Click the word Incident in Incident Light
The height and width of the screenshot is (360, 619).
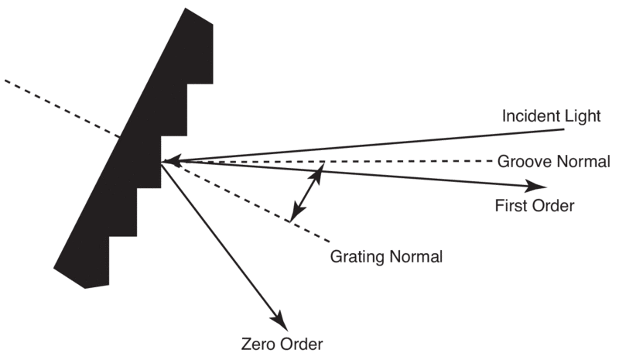point(528,117)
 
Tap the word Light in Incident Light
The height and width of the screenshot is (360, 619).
point(581,117)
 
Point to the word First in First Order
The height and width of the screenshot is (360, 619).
point(510,207)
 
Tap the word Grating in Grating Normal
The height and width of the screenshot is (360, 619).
point(355,256)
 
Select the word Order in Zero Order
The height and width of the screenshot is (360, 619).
point(301,343)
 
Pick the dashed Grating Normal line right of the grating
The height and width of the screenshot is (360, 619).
point(255,204)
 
